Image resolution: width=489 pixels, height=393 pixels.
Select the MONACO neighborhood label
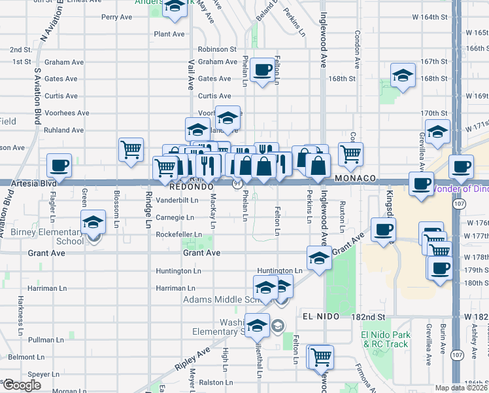click(354, 178)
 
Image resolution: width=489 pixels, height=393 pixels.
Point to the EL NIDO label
click(320, 316)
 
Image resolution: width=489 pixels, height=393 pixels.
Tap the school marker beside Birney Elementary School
click(93, 223)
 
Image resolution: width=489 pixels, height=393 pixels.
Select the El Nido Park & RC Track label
click(386, 339)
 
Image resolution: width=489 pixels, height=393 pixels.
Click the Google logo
click(21, 385)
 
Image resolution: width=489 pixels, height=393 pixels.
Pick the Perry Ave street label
click(117, 17)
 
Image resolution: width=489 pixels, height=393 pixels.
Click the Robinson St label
click(217, 49)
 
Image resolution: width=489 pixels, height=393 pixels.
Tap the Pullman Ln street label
click(45, 340)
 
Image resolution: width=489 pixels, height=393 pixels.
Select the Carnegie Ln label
click(175, 217)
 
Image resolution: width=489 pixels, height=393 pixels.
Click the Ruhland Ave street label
click(64, 130)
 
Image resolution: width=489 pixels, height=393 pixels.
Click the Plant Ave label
click(169, 33)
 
